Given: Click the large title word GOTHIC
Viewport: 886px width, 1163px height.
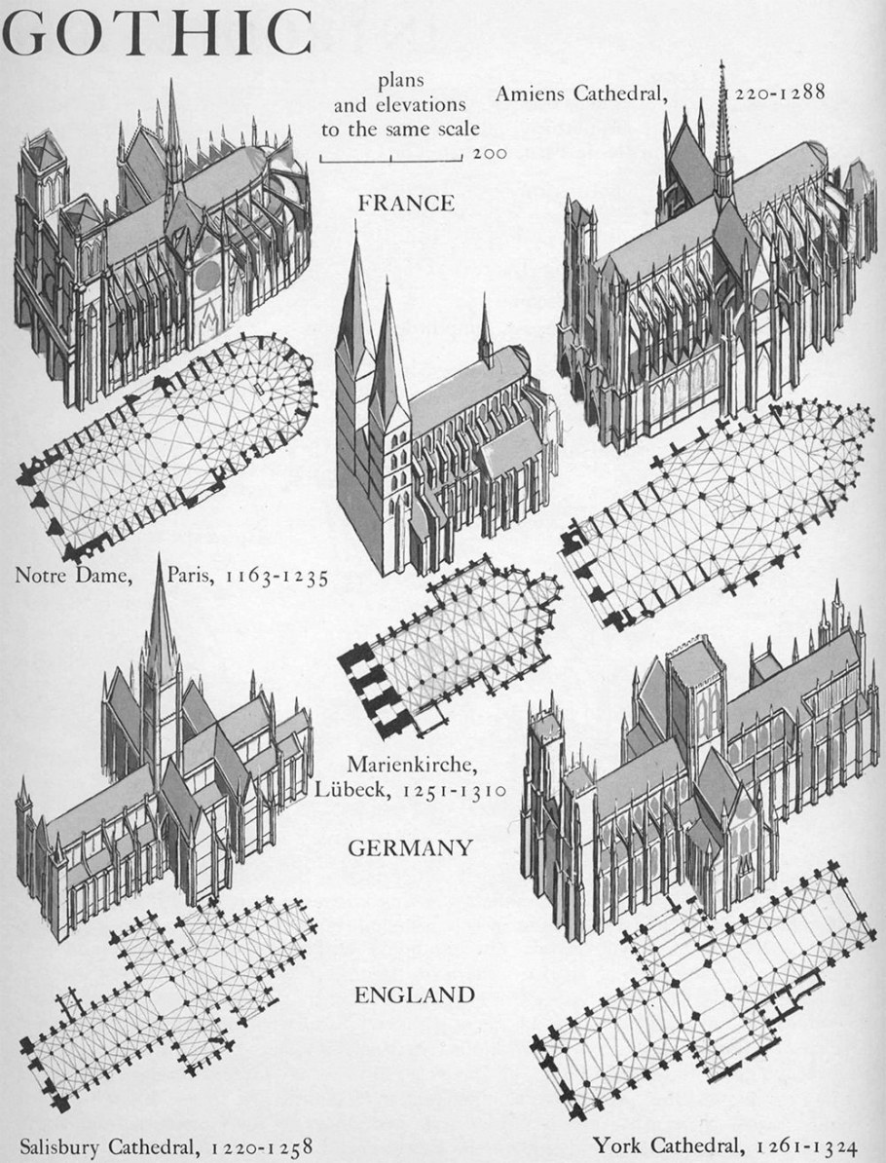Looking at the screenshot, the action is click(x=157, y=33).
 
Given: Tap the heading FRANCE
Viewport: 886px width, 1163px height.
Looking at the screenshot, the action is click(x=406, y=204).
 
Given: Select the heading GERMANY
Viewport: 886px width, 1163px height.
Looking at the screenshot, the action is click(x=410, y=847).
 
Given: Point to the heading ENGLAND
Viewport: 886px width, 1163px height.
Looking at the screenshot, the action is click(x=415, y=994).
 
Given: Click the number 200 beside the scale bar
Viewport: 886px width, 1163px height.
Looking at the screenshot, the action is click(x=489, y=154).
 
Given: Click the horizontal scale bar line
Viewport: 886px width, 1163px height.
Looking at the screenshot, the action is click(x=390, y=160).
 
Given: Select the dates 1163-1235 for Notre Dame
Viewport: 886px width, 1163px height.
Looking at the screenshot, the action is click(x=277, y=577).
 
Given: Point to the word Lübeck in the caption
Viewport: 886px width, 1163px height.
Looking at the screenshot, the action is click(x=351, y=788).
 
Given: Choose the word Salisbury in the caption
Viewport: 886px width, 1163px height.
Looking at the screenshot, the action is click(x=60, y=1146).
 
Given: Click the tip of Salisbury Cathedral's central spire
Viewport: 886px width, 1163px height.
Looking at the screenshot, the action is click(x=159, y=555).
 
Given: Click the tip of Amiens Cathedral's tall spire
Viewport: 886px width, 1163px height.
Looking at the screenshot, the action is click(x=722, y=62).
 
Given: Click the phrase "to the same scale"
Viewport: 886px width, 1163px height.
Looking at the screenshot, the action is click(x=400, y=129).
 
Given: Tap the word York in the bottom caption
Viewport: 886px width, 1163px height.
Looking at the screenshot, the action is click(x=614, y=1145).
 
